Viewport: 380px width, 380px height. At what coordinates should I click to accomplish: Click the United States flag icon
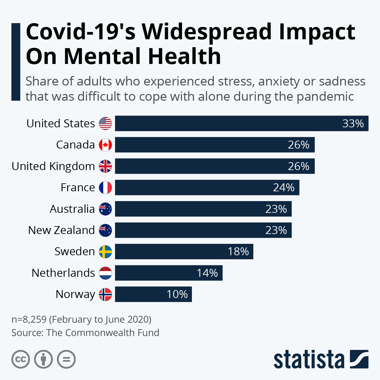(105, 123)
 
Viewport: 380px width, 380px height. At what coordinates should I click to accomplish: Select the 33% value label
(353, 123)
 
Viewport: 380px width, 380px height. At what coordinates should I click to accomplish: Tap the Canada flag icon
(105, 145)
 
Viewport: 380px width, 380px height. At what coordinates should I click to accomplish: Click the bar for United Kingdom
(215, 166)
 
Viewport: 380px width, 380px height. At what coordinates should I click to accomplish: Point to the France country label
(78, 187)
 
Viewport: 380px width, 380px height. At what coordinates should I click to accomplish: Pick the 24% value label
(284, 187)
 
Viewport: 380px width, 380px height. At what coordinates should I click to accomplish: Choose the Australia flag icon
(105, 209)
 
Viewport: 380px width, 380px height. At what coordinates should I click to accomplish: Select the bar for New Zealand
(203, 230)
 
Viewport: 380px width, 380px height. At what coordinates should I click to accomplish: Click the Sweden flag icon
(105, 252)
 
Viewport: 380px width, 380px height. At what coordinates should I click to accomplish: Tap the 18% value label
(238, 252)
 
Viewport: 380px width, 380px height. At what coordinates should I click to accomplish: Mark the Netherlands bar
(168, 273)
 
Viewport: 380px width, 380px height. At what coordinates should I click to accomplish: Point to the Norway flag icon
(105, 294)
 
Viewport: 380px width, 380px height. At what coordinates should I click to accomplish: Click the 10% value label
(177, 294)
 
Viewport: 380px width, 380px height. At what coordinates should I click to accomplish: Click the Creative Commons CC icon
(21, 359)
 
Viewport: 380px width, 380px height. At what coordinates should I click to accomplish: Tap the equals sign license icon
(66, 359)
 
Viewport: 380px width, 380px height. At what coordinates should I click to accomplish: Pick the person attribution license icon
(43, 359)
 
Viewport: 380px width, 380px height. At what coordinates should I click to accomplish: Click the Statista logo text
(309, 360)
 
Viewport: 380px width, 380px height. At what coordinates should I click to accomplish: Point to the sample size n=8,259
(29, 319)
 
